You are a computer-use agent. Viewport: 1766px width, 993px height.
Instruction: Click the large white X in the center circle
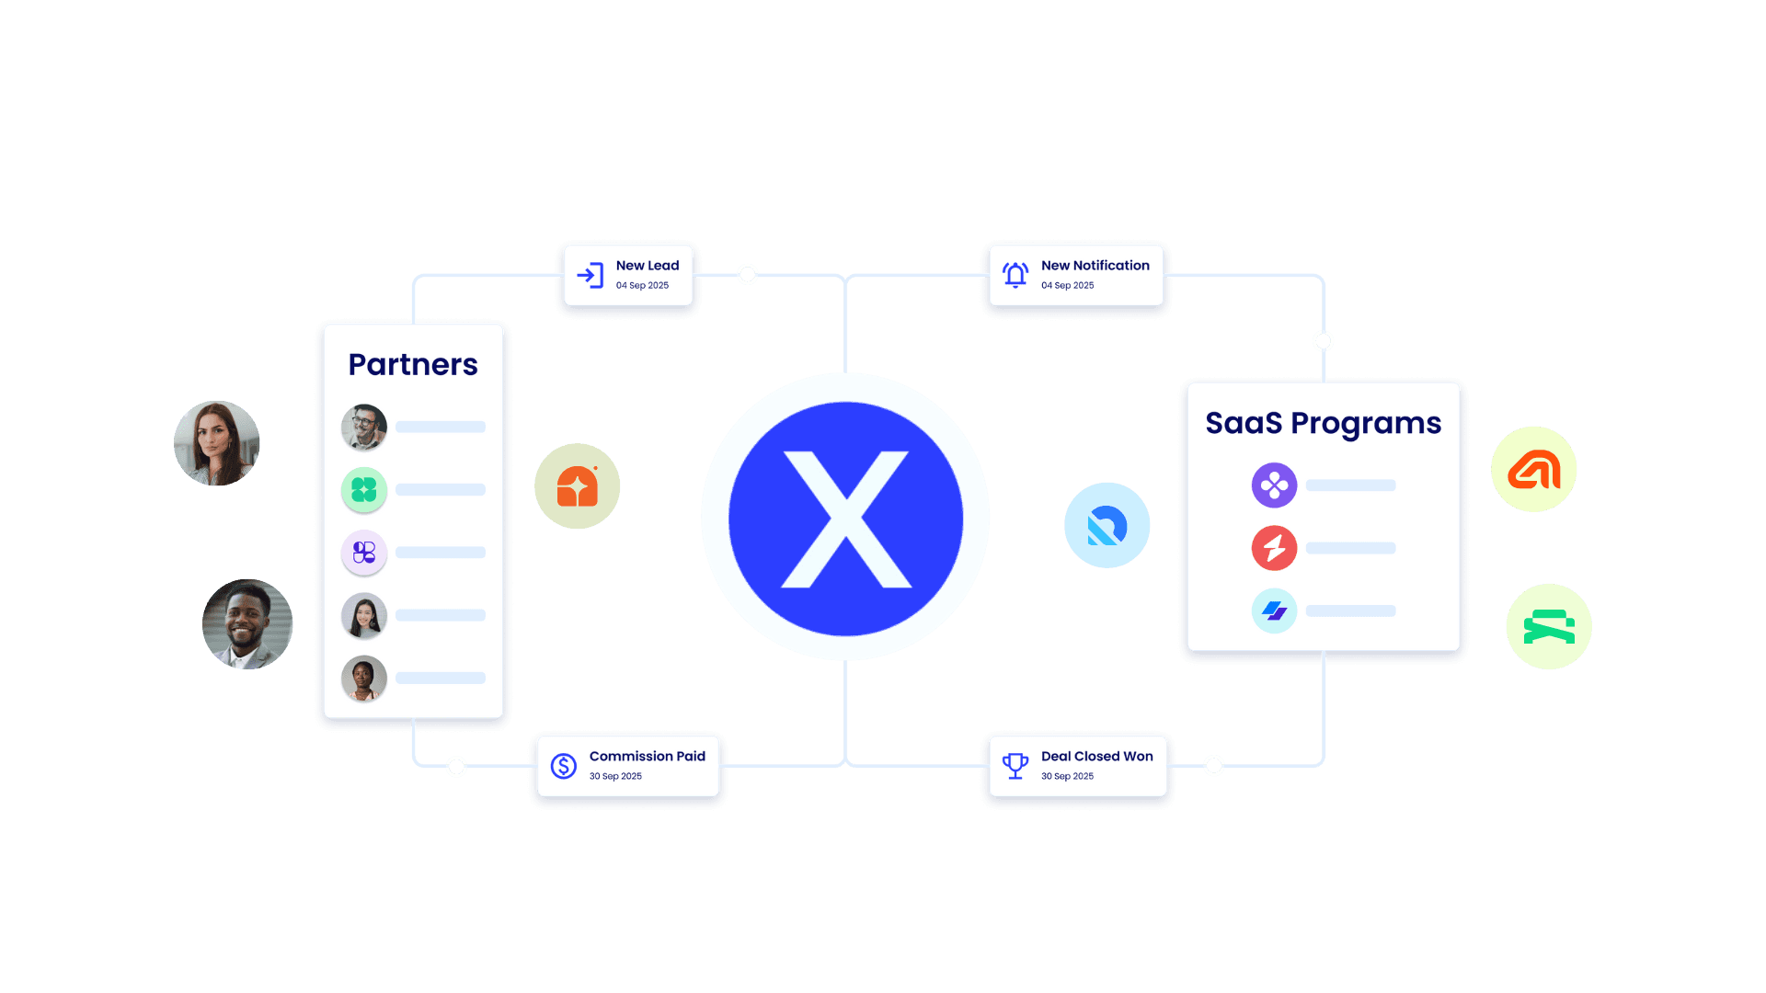point(845,519)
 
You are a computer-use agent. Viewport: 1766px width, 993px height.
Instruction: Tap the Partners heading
point(413,365)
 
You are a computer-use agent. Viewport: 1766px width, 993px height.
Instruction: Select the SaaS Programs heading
point(1323,423)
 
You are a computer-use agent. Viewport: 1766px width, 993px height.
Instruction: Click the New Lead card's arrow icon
point(590,275)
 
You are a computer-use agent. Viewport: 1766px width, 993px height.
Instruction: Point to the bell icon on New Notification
point(1015,275)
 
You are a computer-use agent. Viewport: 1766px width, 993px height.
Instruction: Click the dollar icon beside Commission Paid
point(563,766)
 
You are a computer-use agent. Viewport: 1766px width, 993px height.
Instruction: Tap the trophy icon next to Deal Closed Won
point(1015,765)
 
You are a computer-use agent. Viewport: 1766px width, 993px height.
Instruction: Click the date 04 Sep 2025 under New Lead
point(642,286)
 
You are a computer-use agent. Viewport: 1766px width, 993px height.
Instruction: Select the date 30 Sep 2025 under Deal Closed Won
point(1067,777)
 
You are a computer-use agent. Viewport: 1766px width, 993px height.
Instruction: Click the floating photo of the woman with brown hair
point(217,443)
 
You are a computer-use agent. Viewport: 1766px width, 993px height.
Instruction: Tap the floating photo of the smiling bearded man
point(247,624)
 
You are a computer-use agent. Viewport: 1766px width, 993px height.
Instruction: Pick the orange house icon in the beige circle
point(578,486)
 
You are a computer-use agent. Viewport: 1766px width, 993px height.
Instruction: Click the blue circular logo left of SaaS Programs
point(1107,526)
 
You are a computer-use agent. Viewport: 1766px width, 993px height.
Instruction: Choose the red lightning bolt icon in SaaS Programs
point(1274,548)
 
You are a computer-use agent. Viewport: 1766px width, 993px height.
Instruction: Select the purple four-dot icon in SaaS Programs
point(1274,485)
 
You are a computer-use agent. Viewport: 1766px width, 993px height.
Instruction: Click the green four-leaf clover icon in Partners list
point(364,490)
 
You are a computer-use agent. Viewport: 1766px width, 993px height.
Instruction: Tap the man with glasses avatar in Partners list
point(364,428)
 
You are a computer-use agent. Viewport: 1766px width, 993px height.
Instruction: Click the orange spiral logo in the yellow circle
point(1533,470)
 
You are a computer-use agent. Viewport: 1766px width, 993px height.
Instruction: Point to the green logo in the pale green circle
point(1549,627)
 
